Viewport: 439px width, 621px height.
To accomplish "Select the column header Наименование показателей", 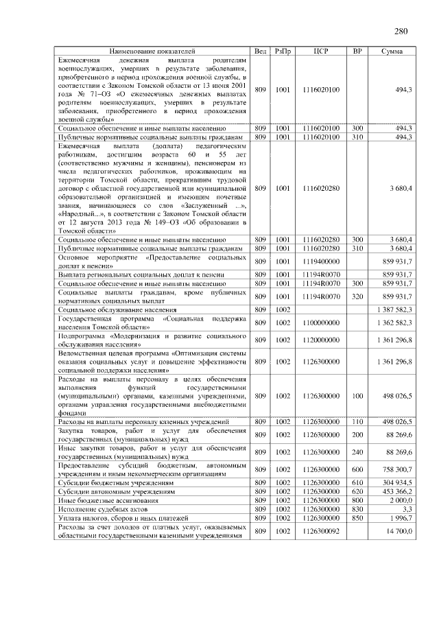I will click(x=152, y=51).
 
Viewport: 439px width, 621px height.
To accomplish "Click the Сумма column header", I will click(x=392, y=51).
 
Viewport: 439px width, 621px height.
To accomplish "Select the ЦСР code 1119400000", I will click(x=320, y=261).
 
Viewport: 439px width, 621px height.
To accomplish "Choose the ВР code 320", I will click(x=357, y=296).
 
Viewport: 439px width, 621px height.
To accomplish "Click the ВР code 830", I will click(x=357, y=509).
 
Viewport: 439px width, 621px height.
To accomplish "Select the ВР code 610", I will click(x=357, y=482).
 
